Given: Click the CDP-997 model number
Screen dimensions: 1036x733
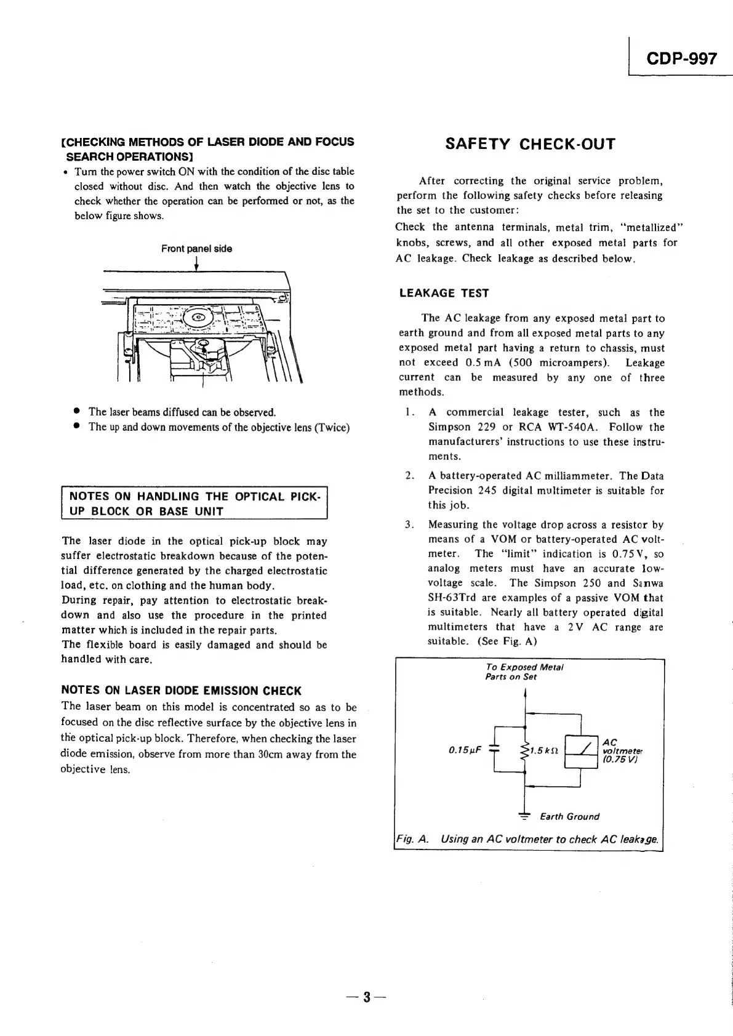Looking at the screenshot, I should (x=681, y=59).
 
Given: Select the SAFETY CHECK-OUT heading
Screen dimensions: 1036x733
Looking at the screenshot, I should (x=530, y=144).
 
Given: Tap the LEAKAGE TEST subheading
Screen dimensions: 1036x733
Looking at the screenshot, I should (x=444, y=294).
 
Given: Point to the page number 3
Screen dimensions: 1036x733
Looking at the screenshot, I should (x=366, y=996).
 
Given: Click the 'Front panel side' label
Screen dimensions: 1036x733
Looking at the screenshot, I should (x=196, y=249).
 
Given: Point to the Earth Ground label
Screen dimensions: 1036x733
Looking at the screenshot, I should (x=569, y=817).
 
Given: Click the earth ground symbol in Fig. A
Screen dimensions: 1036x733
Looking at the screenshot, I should (x=524, y=816).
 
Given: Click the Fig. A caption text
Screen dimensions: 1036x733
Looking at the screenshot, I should (x=527, y=839).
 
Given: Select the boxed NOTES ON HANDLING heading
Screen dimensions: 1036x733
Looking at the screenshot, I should (x=194, y=504).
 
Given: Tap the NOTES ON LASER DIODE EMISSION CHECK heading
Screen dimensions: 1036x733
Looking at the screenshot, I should (x=182, y=691).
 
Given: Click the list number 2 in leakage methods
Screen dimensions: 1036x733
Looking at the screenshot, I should (x=409, y=476).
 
